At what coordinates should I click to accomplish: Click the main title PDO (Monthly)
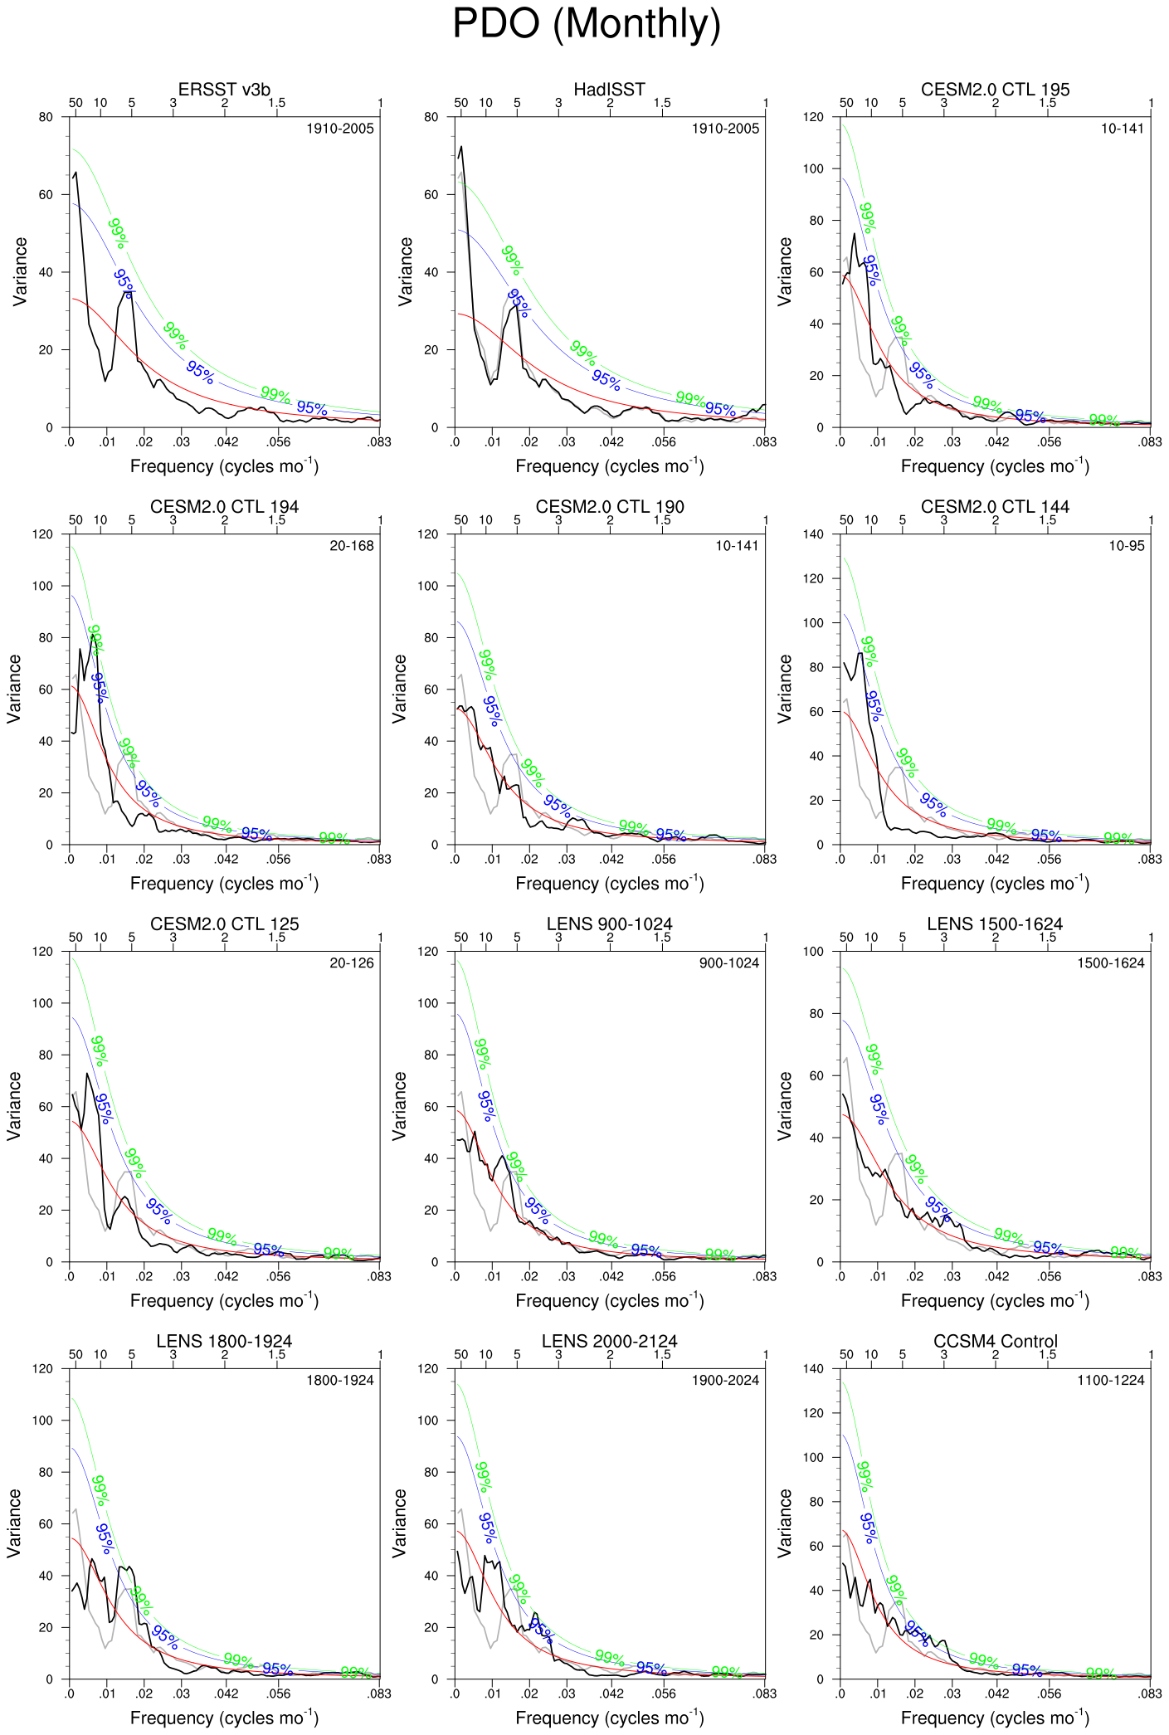(586, 23)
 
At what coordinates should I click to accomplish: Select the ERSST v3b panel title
(224, 90)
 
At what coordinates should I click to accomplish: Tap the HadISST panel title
(609, 90)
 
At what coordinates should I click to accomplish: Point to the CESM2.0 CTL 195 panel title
(995, 90)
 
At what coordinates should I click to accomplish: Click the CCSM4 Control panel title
(995, 1342)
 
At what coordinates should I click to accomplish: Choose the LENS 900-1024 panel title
(609, 924)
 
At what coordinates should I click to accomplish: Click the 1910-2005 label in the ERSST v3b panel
(340, 129)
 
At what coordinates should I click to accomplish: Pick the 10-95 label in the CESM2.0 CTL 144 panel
(1126, 546)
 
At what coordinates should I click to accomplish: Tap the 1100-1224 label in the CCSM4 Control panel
(1111, 1381)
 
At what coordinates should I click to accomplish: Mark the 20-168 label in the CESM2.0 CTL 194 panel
(352, 546)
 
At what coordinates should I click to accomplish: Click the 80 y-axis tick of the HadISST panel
(431, 117)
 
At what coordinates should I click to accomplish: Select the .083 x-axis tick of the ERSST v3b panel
(379, 442)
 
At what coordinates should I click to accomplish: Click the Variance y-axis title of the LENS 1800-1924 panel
(14, 1523)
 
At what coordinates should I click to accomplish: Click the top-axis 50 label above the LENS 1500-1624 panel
(846, 938)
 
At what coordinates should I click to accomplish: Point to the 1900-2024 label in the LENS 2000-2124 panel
(725, 1381)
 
